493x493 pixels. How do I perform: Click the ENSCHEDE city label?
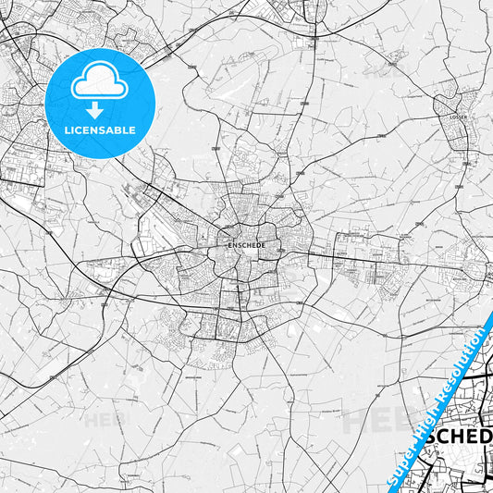tap(246, 245)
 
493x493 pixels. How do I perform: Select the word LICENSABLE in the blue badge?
tap(99, 129)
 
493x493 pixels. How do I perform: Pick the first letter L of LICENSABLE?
tap(66, 129)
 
